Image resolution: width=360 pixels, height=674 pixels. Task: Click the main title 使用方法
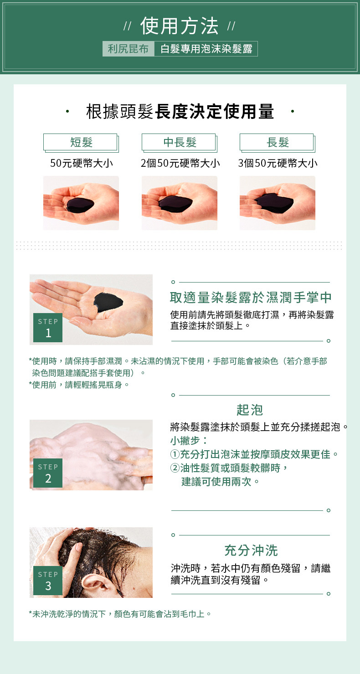(180, 26)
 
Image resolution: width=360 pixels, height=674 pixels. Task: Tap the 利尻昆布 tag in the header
(128, 49)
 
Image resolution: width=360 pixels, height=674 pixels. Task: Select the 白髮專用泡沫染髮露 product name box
(206, 49)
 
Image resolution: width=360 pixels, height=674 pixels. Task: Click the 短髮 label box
(81, 143)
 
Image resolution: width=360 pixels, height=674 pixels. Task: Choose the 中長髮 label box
(180, 143)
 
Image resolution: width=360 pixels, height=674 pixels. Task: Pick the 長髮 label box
(278, 143)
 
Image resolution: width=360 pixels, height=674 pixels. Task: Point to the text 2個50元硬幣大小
(180, 163)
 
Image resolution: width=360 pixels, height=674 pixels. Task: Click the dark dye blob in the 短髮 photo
(80, 205)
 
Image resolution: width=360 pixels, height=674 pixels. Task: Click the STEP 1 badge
(48, 327)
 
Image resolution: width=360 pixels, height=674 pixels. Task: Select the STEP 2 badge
(48, 473)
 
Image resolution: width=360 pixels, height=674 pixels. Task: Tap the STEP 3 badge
(48, 581)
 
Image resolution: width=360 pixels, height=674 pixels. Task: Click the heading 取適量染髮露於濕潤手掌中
(251, 297)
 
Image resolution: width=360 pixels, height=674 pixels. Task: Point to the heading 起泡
(250, 410)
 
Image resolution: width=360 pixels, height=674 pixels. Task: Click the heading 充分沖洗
(251, 551)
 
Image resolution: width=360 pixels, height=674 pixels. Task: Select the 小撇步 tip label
(185, 441)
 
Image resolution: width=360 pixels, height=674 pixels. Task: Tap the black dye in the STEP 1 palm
(108, 302)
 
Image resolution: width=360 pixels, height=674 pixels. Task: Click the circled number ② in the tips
(175, 468)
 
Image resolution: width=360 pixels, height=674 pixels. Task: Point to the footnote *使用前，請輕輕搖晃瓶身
(79, 385)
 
